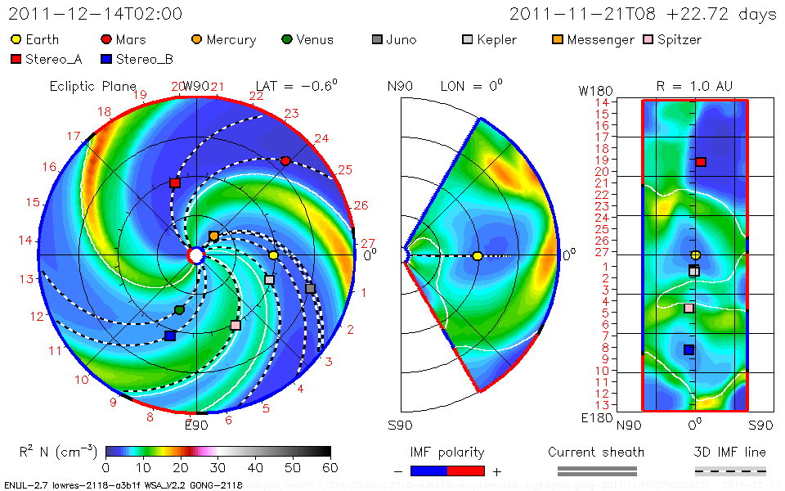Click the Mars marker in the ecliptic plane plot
coord(285,161)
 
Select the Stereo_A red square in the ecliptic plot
coord(175,183)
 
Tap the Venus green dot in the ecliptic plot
coord(179,309)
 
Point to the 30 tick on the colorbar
coord(218,467)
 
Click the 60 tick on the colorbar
coord(330,467)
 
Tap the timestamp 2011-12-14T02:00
coord(96,14)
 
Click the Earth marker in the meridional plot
coord(478,256)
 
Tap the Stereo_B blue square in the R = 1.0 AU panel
coord(689,350)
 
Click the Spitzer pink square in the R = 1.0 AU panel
coord(689,308)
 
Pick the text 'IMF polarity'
coord(447,452)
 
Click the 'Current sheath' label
coord(596,452)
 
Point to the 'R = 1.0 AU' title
coord(694,86)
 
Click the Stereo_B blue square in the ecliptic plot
coord(170,336)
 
